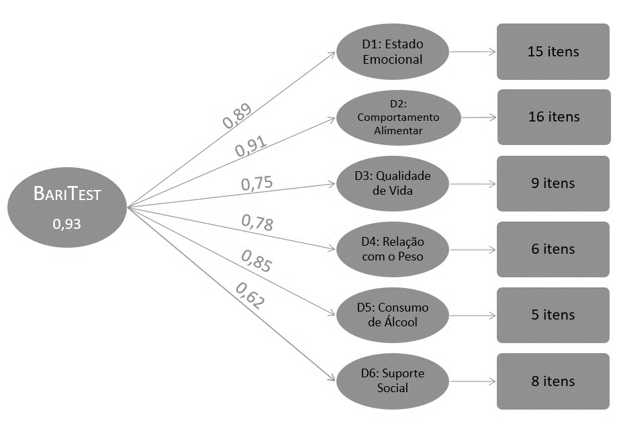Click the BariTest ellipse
[67, 207]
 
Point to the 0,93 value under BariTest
[67, 224]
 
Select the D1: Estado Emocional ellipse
[393, 52]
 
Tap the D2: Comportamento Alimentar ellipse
[398, 118]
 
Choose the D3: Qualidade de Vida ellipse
[393, 183]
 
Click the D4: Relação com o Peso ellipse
[393, 248]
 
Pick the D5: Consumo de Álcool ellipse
[393, 314]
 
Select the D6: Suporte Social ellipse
[393, 381]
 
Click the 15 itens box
[553, 52]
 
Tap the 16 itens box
[553, 117]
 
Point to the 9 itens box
[553, 183]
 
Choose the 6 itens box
[553, 248]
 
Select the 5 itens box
[553, 314]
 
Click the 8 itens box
[553, 381]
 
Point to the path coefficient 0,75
[257, 184]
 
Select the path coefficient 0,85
[256, 262]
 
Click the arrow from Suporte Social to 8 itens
[473, 381]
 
